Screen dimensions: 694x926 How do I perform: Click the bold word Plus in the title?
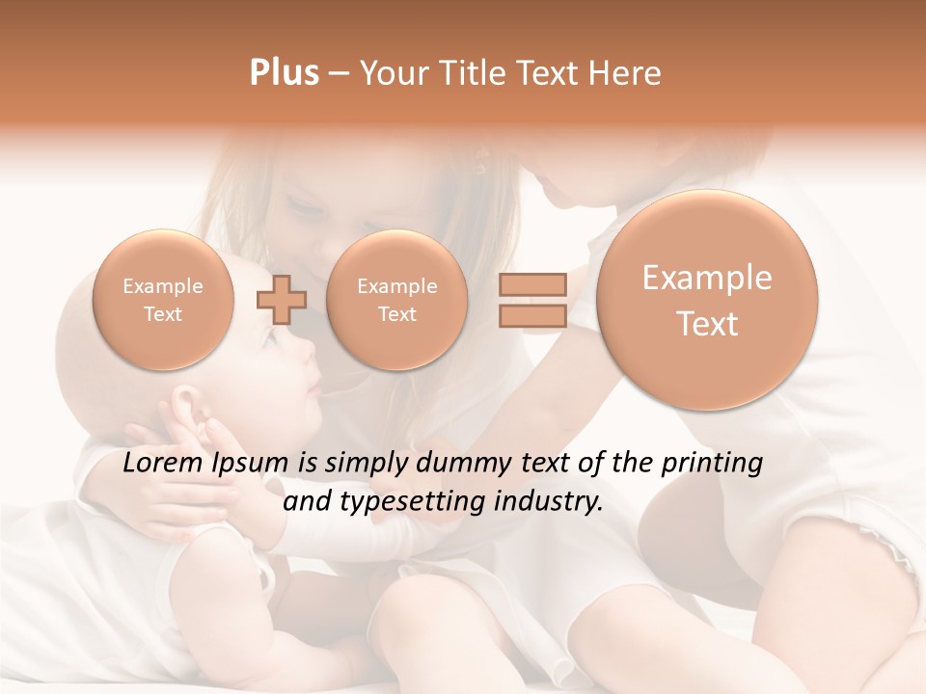(284, 73)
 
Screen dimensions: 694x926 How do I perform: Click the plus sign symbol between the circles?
(281, 299)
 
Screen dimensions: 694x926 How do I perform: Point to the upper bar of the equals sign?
(531, 284)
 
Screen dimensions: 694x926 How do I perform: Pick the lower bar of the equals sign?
(531, 315)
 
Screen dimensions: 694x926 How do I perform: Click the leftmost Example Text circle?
(163, 300)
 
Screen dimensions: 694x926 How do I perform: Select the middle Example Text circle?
(396, 300)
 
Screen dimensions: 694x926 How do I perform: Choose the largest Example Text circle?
(707, 300)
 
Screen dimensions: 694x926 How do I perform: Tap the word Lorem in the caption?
(164, 464)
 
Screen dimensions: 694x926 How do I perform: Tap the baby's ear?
(188, 406)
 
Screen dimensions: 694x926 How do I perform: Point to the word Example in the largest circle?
(707, 278)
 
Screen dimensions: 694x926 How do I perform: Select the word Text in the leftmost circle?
(163, 314)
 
